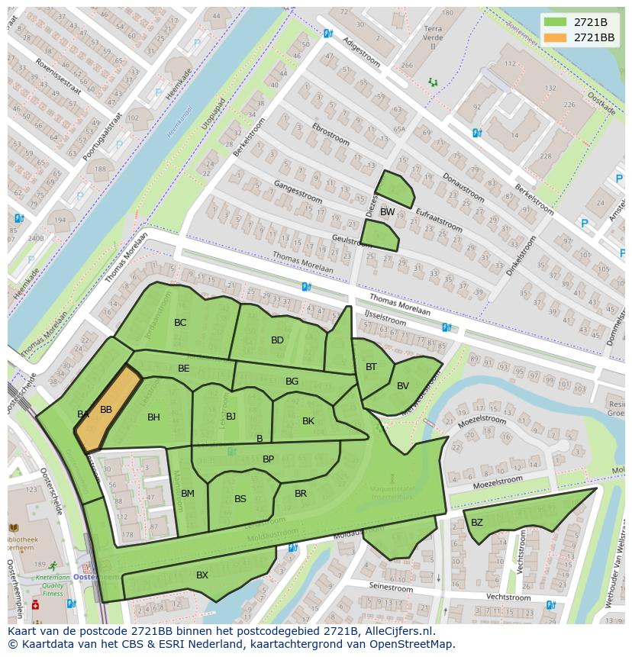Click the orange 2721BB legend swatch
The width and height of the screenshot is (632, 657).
(x=556, y=37)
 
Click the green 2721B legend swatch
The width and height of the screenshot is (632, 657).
(x=556, y=22)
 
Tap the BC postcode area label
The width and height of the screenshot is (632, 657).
(x=180, y=323)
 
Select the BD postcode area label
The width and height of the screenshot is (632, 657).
(x=277, y=340)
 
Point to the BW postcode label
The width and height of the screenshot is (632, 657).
(x=388, y=212)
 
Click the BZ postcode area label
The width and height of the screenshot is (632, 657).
(x=477, y=523)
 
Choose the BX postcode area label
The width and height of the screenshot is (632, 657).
(x=202, y=575)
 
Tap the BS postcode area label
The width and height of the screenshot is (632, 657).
(x=240, y=499)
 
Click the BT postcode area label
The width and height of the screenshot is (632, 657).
(x=371, y=367)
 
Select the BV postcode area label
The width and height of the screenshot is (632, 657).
(x=403, y=386)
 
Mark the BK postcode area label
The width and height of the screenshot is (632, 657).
(x=308, y=421)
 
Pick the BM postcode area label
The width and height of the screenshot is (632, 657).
(x=188, y=494)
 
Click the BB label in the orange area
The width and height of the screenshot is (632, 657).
(x=106, y=410)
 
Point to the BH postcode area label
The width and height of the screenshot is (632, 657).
(x=153, y=417)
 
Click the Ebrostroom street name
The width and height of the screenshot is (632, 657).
(x=331, y=135)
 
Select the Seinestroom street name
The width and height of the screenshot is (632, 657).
(x=391, y=588)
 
